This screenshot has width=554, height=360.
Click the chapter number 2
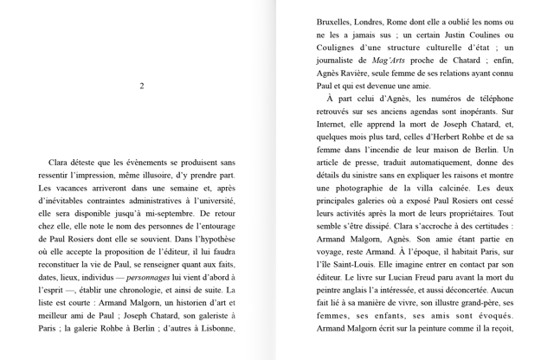(142, 86)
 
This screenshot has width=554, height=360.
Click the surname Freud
(426, 279)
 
